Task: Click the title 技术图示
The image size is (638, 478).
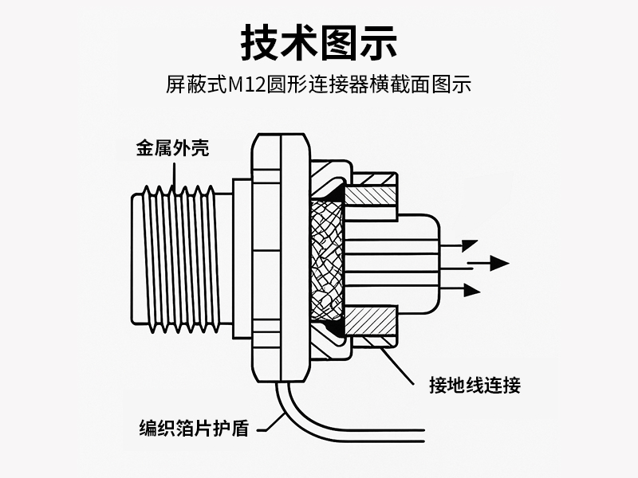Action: pyautogui.click(x=319, y=42)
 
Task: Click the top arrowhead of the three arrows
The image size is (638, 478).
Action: pyautogui.click(x=470, y=245)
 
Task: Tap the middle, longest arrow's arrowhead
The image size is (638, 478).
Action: pyautogui.click(x=499, y=262)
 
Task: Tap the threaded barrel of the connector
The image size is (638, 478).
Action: pyautogui.click(x=179, y=259)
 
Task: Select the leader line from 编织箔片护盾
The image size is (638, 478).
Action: pyautogui.click(x=267, y=420)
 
